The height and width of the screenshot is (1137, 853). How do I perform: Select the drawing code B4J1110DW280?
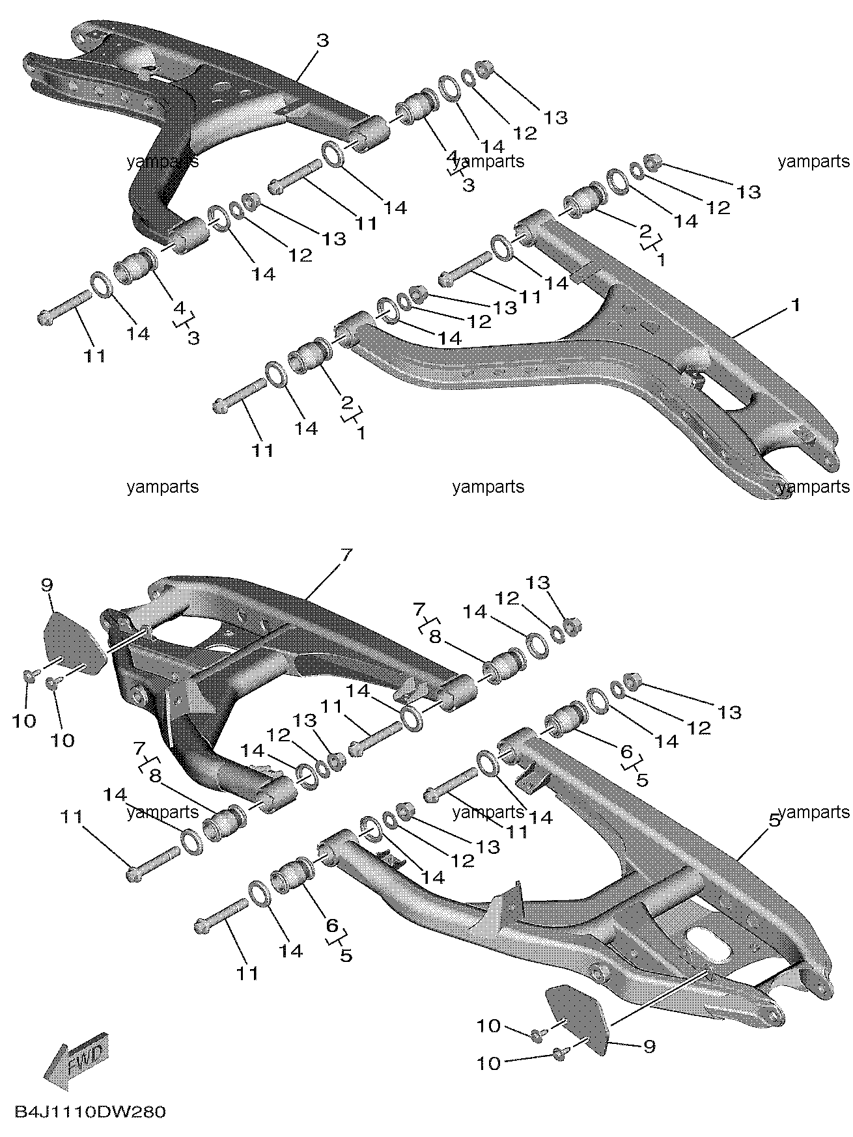(88, 1111)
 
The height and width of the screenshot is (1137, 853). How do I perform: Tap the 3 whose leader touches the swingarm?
(322, 40)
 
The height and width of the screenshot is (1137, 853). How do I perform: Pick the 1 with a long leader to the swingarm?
(794, 305)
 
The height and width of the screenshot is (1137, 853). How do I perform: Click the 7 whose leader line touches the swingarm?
(346, 556)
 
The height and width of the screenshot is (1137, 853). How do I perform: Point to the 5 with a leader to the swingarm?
(774, 821)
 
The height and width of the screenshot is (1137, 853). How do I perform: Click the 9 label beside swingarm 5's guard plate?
(649, 1046)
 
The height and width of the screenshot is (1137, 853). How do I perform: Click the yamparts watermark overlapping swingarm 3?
(163, 161)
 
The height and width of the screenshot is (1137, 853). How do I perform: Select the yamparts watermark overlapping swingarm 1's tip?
(814, 486)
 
